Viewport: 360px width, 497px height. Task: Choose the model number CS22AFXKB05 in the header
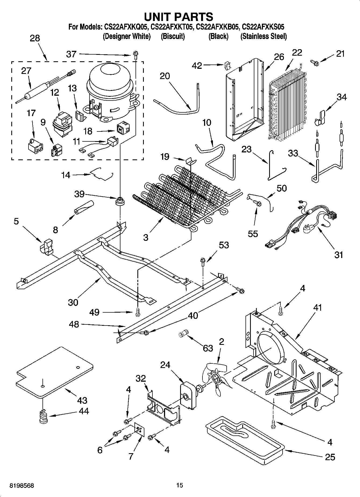coord(218,27)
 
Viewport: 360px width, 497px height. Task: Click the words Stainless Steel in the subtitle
coord(263,36)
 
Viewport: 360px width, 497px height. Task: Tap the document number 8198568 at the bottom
coord(22,485)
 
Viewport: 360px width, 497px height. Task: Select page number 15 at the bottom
coord(180,485)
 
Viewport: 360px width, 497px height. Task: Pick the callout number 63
coord(208,348)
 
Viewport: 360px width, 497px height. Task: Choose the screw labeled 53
coord(203,262)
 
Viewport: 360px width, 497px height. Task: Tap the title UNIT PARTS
coord(179,17)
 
